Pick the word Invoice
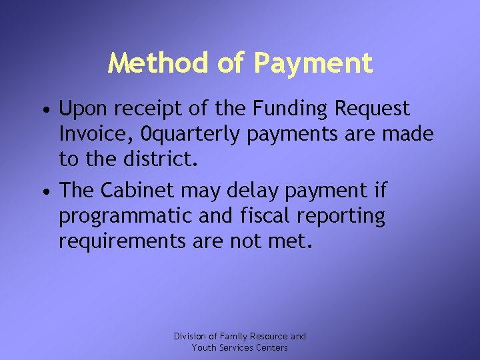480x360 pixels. (89, 135)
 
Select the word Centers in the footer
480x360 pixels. (271, 347)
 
